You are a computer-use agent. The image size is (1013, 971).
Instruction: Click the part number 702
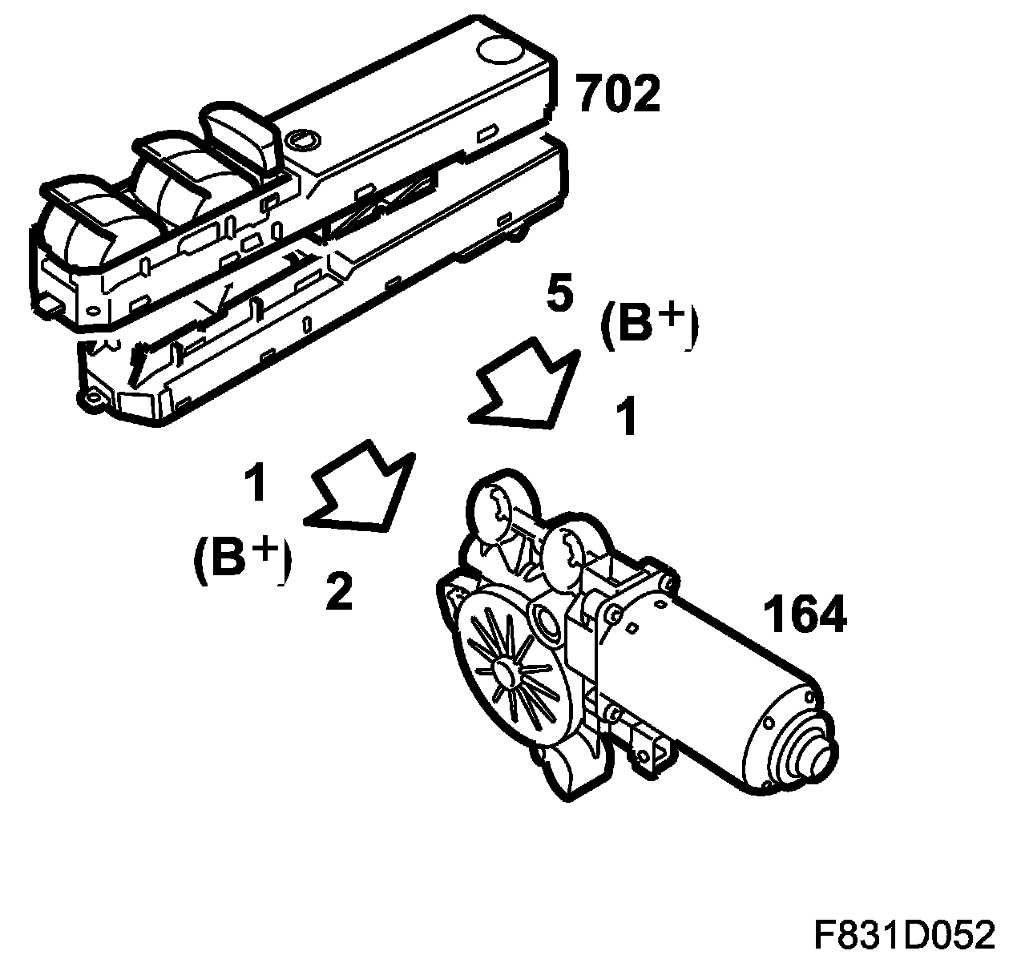coord(618,95)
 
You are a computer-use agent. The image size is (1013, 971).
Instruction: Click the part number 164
coord(803,615)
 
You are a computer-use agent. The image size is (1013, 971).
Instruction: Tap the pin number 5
coord(559,294)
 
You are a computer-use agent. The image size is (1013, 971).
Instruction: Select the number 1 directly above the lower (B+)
coord(255,483)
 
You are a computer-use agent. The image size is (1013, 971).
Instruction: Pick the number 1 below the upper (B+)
coord(625,417)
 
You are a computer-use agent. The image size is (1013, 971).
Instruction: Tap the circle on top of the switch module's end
coord(497,49)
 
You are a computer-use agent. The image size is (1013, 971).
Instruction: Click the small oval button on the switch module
coord(302,139)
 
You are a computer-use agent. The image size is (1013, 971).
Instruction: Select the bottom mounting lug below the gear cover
coord(560,772)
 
